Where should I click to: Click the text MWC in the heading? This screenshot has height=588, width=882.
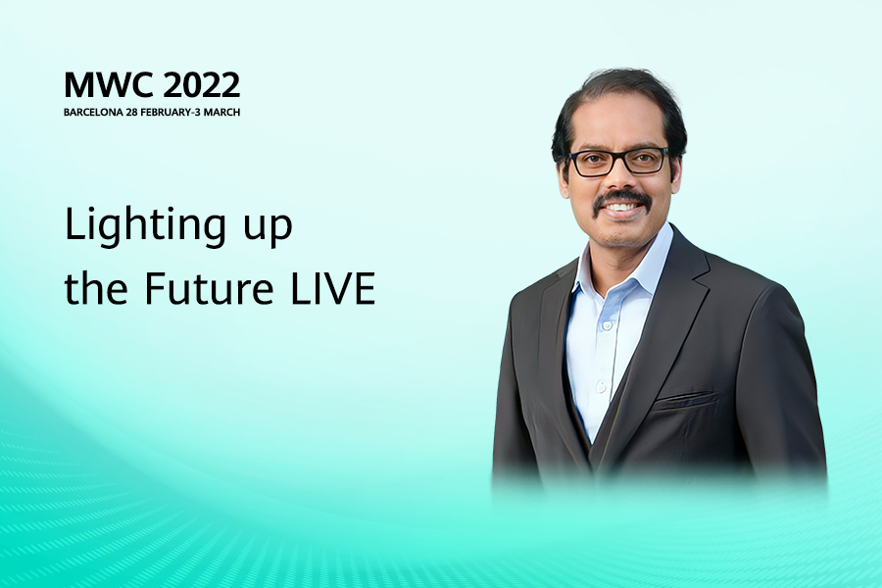click(x=108, y=85)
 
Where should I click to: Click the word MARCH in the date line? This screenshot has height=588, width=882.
click(x=221, y=112)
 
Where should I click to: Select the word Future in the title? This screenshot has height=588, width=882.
click(x=209, y=288)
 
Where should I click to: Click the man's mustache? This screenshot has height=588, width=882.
click(x=622, y=198)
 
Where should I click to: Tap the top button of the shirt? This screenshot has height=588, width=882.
click(x=607, y=324)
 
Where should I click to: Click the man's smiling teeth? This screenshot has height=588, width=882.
click(x=622, y=207)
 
